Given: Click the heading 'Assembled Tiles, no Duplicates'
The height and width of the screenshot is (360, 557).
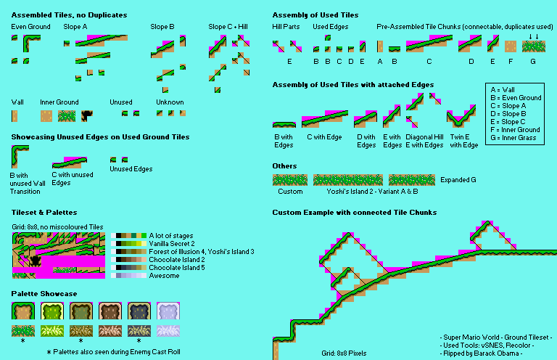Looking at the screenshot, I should [x=69, y=15].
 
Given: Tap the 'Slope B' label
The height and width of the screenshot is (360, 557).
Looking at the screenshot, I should [x=162, y=27].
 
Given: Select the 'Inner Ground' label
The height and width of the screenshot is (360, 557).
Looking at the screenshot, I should [x=59, y=102].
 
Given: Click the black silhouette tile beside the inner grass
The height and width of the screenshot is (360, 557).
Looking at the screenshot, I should [x=87, y=115].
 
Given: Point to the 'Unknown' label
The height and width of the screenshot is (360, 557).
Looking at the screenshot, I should [x=170, y=102].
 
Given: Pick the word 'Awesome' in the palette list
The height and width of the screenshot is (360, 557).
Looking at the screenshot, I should [x=164, y=275].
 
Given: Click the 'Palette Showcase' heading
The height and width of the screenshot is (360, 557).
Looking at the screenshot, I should [x=44, y=293].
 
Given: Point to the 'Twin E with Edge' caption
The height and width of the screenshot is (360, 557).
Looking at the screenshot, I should [x=463, y=141].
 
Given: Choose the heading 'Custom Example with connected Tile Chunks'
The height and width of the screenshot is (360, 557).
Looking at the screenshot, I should [x=355, y=212].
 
